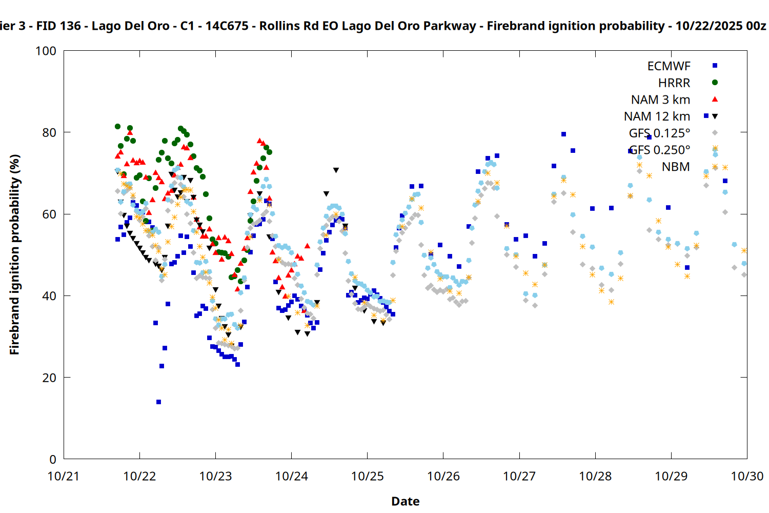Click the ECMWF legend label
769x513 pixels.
(669, 66)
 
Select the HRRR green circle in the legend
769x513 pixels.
(715, 83)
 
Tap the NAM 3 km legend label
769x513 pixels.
(660, 100)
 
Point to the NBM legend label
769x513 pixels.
(676, 167)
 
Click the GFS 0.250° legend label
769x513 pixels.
(659, 150)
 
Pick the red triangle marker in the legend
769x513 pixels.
(715, 100)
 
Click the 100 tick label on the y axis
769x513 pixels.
(46, 51)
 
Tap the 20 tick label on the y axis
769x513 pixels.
(49, 378)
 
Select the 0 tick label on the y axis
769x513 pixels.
(53, 459)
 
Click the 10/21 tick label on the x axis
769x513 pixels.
(64, 476)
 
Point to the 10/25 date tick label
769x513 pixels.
(367, 476)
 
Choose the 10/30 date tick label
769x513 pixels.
(747, 476)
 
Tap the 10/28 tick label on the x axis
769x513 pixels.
(595, 476)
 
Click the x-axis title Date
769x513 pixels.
(405, 501)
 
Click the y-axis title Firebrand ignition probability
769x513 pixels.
(14, 254)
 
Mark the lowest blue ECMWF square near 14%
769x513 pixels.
(158, 402)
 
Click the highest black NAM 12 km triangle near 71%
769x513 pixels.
(336, 170)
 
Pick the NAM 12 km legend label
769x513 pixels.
(657, 116)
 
